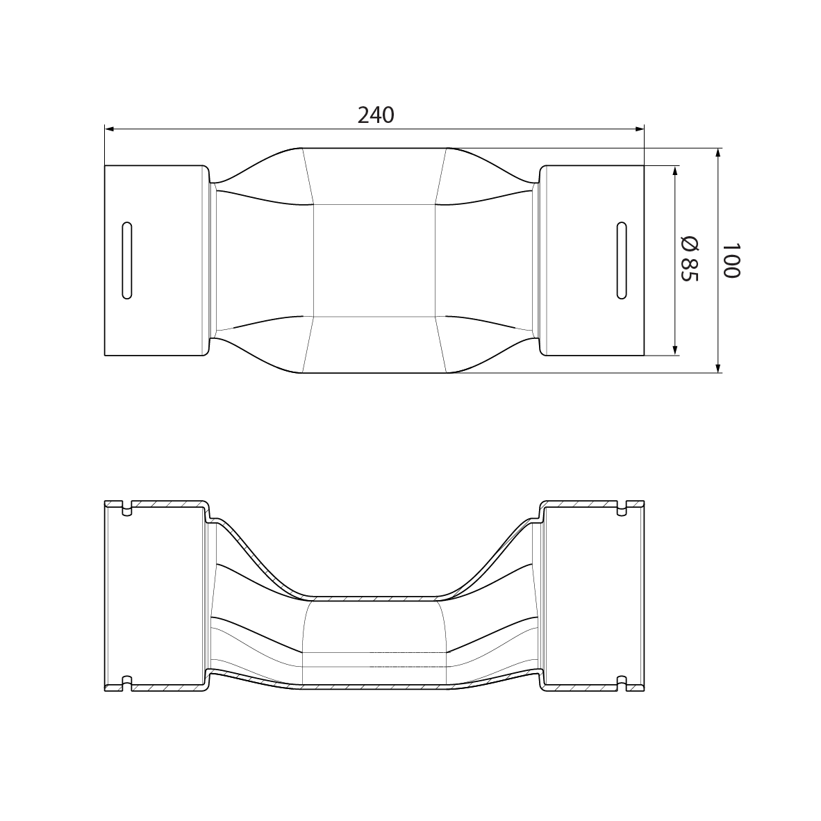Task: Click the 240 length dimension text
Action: (x=376, y=115)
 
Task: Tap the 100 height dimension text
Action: (x=730, y=260)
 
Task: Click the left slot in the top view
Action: (x=126, y=260)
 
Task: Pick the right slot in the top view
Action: (x=622, y=260)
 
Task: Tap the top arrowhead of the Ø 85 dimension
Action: (x=674, y=171)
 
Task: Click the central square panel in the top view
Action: (x=374, y=260)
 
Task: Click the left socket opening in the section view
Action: (x=156, y=595)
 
